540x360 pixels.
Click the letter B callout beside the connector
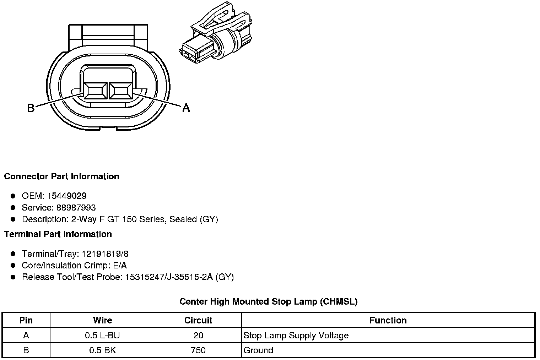click(x=31, y=108)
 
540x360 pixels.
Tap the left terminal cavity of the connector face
click(x=96, y=91)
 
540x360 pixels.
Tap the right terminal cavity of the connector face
click(x=120, y=91)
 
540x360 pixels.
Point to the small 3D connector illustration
click(x=216, y=33)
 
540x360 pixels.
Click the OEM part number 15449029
click(x=67, y=196)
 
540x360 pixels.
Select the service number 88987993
click(x=76, y=207)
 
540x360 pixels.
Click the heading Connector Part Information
click(x=62, y=176)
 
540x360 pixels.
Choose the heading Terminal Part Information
click(x=58, y=234)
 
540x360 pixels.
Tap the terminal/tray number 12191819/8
click(x=105, y=254)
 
